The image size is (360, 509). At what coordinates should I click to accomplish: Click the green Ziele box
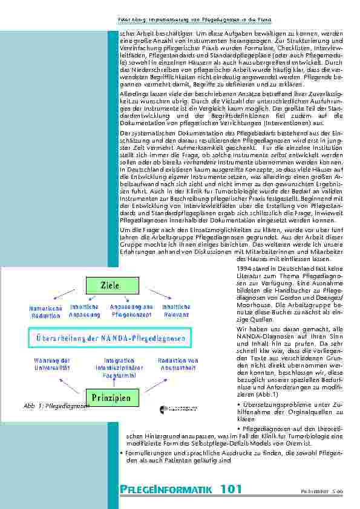pos(110,285)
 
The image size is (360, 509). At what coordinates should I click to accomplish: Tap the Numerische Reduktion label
pos(45,311)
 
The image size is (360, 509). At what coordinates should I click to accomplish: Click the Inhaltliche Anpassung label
pos(80,311)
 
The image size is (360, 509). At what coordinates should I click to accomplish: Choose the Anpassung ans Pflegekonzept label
pos(131,311)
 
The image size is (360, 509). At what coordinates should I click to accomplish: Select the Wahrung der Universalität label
pos(52,363)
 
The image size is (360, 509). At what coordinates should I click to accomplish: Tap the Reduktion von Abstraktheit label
pos(178,363)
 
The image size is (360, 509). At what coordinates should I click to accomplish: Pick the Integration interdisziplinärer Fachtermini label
pos(114,366)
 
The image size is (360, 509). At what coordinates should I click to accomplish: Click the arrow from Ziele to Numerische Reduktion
pos(64,294)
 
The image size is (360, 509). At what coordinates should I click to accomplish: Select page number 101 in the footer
pos(231,489)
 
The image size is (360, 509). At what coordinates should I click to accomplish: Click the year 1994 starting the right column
pos(244,268)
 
